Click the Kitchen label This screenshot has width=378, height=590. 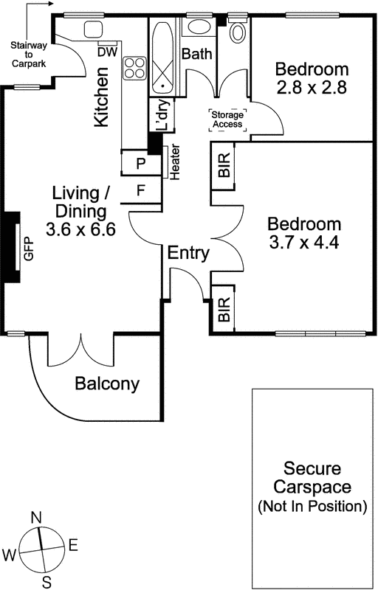tap(101, 97)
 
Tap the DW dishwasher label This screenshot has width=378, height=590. tap(107, 52)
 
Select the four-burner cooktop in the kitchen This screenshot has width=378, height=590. tap(135, 68)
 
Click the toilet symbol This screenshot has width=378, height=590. tap(238, 30)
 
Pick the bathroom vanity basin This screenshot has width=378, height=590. tap(199, 27)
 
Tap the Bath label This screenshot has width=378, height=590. tap(196, 54)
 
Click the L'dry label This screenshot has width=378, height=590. tap(162, 115)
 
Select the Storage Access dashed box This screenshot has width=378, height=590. tap(228, 120)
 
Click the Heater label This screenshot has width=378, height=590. tap(175, 162)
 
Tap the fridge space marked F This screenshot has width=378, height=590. tap(141, 190)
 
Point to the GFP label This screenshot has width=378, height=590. tap(29, 249)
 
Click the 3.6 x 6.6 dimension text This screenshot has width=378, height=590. tap(80, 229)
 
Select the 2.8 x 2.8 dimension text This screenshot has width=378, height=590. tap(312, 88)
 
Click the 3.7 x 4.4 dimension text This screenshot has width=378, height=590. tap(304, 242)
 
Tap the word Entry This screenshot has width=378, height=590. tap(188, 253)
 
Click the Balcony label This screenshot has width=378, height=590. tap(107, 384)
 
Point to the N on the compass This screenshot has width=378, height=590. tap(36, 518)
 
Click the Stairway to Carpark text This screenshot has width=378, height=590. tap(29, 55)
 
